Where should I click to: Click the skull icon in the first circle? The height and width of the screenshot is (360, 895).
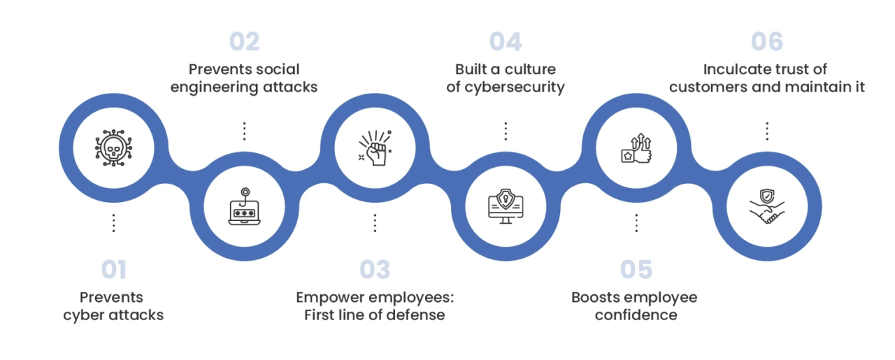point(113,148)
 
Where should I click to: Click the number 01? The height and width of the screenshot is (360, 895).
point(113,269)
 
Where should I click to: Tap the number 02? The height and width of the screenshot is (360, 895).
point(244,42)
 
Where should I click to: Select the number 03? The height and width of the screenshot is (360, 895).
point(375,269)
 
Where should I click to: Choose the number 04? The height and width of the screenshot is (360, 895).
point(506,42)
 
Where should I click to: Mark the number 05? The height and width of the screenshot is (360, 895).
point(636,269)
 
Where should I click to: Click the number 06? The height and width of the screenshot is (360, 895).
point(767,42)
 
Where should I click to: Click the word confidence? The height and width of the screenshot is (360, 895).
point(636,315)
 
